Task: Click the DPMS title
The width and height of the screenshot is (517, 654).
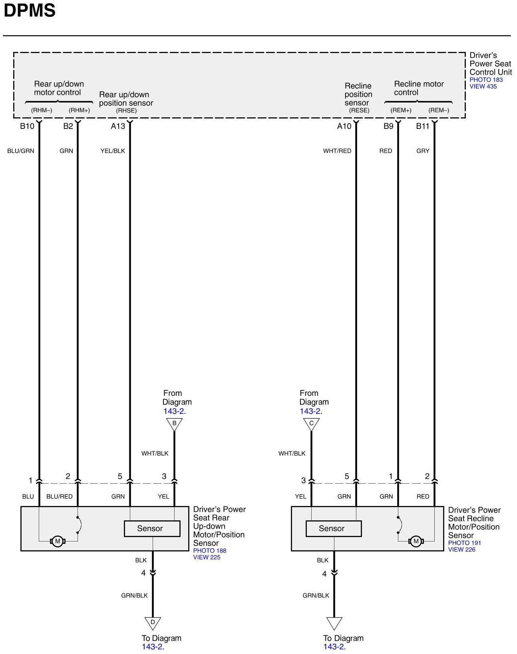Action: coord(30,11)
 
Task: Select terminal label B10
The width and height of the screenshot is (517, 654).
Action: coord(27,126)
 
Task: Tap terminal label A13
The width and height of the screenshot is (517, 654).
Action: coord(118,126)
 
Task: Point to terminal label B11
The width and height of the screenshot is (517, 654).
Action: coord(422,126)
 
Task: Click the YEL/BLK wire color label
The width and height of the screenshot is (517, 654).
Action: coord(113,151)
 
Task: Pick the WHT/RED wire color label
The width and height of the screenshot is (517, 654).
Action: coord(337,151)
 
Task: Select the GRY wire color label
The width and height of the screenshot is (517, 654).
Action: coord(423,151)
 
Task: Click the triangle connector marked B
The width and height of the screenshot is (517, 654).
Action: coord(174,424)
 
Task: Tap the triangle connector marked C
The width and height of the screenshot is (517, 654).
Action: coord(311,424)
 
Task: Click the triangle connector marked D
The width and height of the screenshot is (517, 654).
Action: coord(153,622)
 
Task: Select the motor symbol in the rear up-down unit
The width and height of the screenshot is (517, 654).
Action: coord(58,541)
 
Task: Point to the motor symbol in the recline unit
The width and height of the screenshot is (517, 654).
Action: coord(416,541)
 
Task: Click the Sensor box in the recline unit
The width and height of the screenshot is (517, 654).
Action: coord(333,529)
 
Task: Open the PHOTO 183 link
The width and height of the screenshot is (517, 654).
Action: coord(486,80)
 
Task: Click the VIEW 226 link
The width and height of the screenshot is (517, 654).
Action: coord(461,549)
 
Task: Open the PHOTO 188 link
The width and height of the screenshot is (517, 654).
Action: coord(209,551)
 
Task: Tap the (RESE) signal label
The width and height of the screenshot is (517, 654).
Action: coord(359,111)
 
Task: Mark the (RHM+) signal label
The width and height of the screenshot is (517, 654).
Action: coord(79,111)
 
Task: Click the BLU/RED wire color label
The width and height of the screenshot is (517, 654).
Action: coord(60,497)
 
